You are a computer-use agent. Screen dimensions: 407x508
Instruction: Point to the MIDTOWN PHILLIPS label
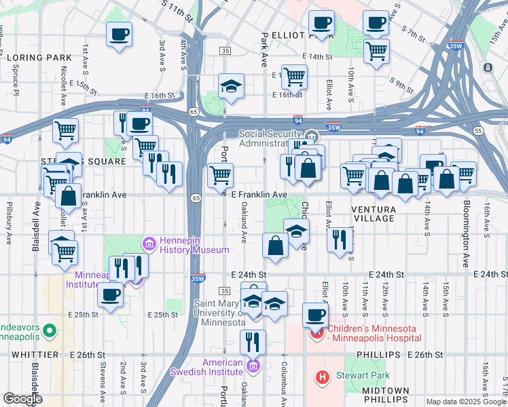click(385, 395)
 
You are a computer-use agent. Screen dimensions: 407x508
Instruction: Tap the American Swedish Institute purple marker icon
click(253, 367)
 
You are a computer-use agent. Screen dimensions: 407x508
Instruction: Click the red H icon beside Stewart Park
click(322, 376)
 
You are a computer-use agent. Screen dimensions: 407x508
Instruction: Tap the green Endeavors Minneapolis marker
click(48, 330)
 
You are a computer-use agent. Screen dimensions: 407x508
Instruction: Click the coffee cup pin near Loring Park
click(120, 33)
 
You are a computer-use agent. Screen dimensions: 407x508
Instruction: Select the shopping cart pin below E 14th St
click(376, 50)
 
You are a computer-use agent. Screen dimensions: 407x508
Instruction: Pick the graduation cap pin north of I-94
click(231, 86)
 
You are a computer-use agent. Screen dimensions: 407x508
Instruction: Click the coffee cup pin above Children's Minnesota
click(315, 314)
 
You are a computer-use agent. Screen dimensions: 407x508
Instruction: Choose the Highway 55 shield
click(479, 130)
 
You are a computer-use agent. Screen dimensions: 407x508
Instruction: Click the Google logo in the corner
click(22, 399)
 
